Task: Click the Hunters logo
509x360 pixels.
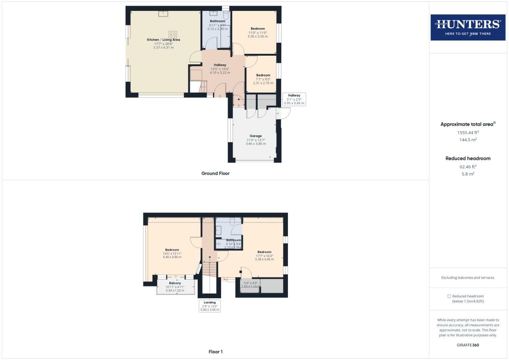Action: (468, 27)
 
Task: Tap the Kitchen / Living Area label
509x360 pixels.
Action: (163, 40)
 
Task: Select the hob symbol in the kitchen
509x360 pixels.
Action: (173, 35)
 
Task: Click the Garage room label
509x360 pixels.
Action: (256, 136)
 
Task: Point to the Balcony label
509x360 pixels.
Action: (175, 283)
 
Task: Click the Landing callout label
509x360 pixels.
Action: (210, 306)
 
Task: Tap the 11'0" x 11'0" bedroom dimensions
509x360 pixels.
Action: (258, 33)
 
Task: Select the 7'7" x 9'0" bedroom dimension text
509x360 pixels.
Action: (263, 79)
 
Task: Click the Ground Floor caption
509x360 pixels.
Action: (215, 173)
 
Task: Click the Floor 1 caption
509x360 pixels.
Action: (215, 352)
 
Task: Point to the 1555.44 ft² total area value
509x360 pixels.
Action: (468, 133)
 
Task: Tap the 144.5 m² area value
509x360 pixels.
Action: (468, 140)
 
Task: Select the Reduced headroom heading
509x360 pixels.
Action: (468, 158)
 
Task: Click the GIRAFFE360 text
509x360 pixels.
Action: (468, 345)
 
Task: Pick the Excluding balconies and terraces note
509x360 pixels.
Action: (468, 277)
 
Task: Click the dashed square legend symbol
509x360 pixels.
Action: (449, 296)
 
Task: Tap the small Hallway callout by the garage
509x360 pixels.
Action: (294, 99)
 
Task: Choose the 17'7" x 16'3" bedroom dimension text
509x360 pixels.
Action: (264, 256)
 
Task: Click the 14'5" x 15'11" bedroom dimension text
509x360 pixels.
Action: (172, 253)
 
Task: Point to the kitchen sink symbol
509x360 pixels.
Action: (163, 14)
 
